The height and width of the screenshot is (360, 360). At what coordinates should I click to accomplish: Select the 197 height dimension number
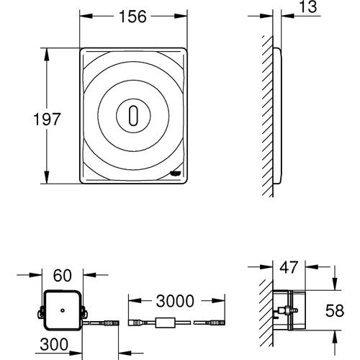24,117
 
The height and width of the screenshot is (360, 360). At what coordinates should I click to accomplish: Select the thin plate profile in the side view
277,116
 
